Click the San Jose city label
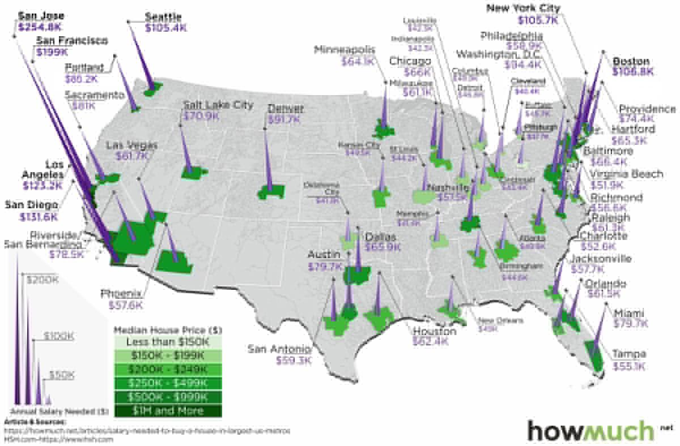point(41,16)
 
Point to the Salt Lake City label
point(218,105)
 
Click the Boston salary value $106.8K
point(633,72)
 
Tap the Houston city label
point(435,331)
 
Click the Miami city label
point(629,312)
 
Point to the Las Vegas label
point(131,145)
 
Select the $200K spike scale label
point(43,280)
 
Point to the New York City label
point(523,8)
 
